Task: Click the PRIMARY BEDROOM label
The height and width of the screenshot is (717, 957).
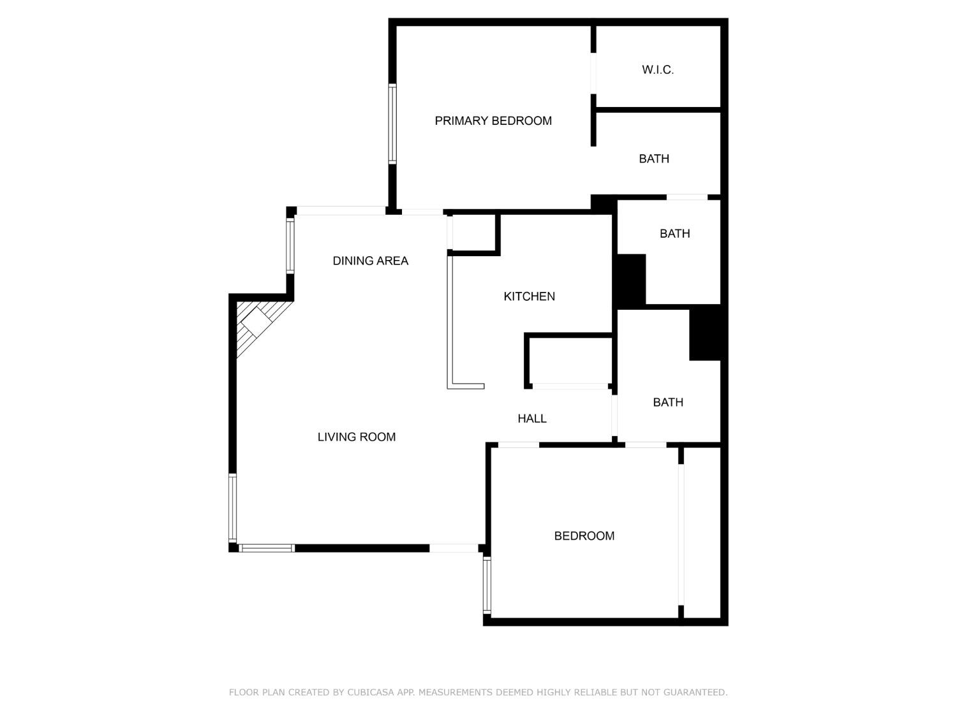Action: pos(493,121)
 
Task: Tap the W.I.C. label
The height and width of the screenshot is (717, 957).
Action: pos(658,70)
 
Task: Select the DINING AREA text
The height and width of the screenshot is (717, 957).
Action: pos(370,261)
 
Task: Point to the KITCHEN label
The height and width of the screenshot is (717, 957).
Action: pos(529,296)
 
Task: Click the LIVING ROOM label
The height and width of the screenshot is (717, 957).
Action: pos(357,437)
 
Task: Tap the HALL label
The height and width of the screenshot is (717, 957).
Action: pos(531,419)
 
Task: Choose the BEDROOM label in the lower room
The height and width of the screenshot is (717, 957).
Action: pos(584,536)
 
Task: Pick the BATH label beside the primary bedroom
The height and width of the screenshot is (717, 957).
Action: pos(654,159)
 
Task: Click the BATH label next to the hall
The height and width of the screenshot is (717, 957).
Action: pos(668,402)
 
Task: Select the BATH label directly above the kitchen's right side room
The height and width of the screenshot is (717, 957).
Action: pos(674,234)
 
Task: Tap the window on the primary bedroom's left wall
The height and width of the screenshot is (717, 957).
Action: pos(392,124)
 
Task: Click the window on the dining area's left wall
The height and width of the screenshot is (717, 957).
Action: pos(290,246)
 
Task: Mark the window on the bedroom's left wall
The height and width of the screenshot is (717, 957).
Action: pos(487,585)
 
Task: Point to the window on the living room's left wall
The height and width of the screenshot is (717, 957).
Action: pos(233,508)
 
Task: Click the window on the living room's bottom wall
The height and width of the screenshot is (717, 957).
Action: pos(267,548)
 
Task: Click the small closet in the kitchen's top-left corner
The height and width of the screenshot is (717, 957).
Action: pos(474,233)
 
